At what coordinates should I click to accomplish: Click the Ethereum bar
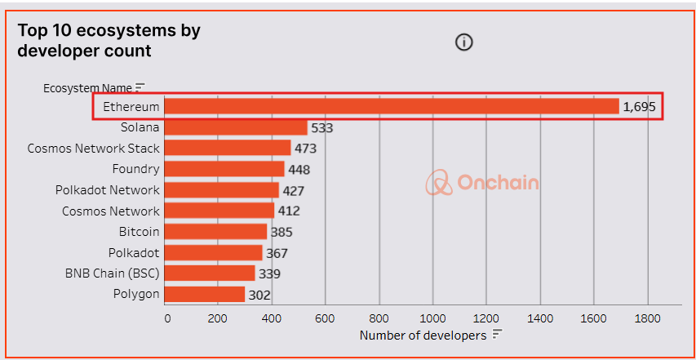(x=392, y=107)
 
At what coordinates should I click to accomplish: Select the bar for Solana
(x=237, y=128)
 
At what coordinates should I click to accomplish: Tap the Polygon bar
(x=205, y=294)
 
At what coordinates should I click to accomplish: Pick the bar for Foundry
(x=225, y=169)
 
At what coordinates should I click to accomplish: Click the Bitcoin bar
(x=216, y=232)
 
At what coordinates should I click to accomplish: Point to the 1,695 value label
(x=639, y=107)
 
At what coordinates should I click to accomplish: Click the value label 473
(x=306, y=149)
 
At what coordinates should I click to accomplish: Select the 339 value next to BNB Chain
(x=270, y=273)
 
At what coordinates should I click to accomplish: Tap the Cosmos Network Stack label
(x=94, y=149)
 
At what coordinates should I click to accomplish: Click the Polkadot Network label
(x=108, y=190)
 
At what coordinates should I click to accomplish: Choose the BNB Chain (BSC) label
(x=113, y=273)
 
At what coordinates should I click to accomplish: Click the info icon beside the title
(x=464, y=42)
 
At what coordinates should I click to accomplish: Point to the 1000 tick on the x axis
(x=433, y=318)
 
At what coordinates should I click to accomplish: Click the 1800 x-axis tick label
(x=648, y=318)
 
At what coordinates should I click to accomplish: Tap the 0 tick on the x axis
(x=167, y=318)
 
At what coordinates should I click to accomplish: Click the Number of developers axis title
(x=423, y=336)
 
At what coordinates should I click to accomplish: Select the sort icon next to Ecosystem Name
(x=140, y=87)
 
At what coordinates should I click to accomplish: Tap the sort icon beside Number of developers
(x=496, y=336)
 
